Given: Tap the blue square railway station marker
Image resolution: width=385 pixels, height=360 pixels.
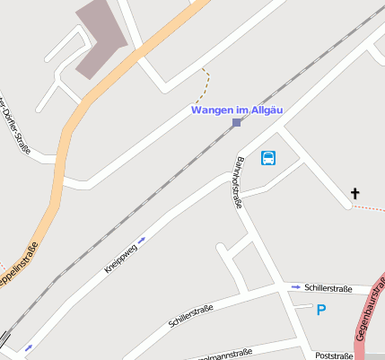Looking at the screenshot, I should [236, 123].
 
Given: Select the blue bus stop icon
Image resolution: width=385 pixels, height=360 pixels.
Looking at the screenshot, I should [268, 159].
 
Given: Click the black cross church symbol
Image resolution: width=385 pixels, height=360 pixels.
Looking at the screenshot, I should [354, 193].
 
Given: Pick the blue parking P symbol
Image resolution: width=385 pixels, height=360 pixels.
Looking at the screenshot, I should [320, 310].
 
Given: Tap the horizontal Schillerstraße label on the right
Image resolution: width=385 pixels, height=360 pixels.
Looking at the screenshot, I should [328, 288].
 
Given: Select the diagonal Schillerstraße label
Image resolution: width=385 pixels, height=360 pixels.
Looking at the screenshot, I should [190, 316].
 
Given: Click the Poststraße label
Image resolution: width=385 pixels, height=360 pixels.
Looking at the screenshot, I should [334, 356].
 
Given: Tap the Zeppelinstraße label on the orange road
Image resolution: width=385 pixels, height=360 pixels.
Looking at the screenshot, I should [19, 268].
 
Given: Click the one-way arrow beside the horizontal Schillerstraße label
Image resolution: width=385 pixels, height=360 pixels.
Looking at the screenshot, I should [295, 287].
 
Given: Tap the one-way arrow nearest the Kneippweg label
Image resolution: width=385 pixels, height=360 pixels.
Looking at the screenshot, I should [141, 239].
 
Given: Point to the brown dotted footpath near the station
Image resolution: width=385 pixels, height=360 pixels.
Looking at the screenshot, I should [206, 86].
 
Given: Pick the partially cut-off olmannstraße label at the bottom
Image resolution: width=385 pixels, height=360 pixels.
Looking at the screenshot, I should [224, 353].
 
